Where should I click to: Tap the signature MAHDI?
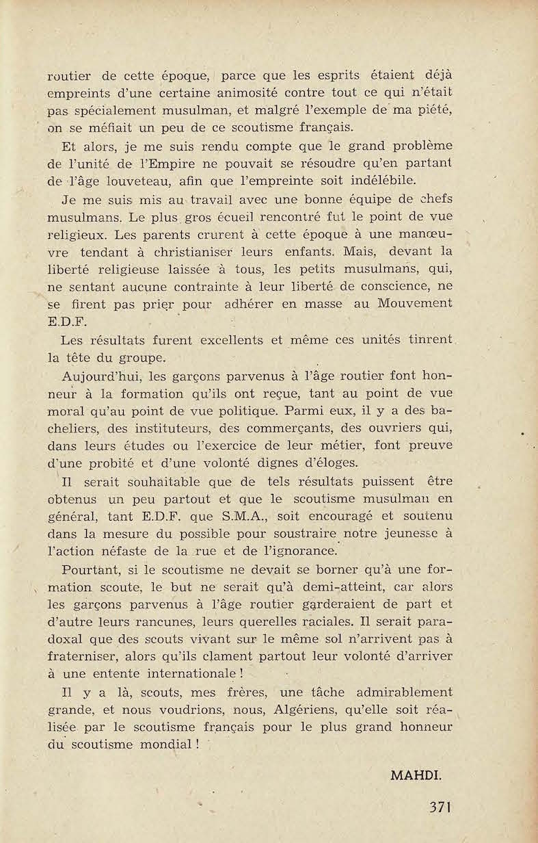coord(416,775)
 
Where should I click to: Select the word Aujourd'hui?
coord(100,376)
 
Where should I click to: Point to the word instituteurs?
coord(176,428)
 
